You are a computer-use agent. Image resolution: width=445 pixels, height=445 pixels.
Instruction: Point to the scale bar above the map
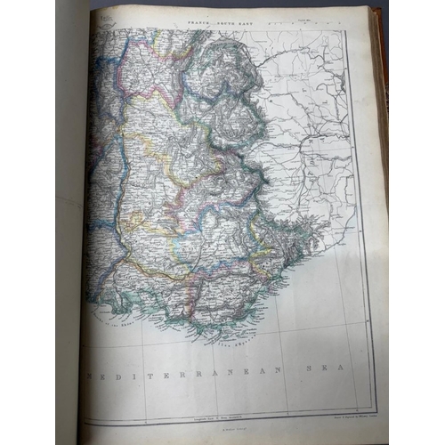[311, 26]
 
